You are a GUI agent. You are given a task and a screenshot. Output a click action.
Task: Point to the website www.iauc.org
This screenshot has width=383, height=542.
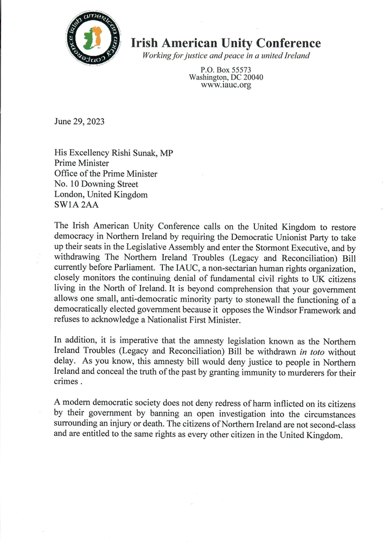pyautogui.click(x=226, y=85)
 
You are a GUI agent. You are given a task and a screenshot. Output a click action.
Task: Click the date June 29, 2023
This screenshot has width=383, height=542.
pyautogui.click(x=80, y=121)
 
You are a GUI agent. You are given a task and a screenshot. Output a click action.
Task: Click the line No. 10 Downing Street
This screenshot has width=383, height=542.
pyautogui.click(x=97, y=184)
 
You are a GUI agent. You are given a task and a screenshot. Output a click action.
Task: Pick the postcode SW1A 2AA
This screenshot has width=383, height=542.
pyautogui.click(x=75, y=205)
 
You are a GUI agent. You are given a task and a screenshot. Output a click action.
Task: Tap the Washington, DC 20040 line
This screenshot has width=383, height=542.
pyautogui.click(x=226, y=78)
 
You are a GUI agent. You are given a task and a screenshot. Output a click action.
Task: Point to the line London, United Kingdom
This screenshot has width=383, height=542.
pyautogui.click(x=101, y=195)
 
